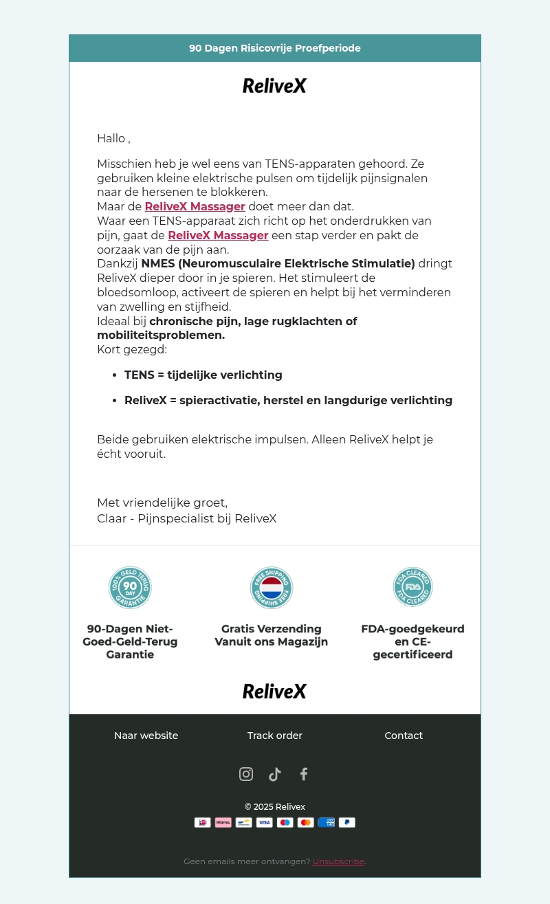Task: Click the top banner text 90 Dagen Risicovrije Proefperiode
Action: (274, 48)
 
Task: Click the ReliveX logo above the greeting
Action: (274, 86)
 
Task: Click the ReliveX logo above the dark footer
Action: (274, 692)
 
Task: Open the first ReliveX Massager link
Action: (195, 206)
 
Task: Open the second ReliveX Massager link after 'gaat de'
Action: (218, 235)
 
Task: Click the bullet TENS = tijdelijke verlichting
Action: (203, 375)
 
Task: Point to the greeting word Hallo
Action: (111, 138)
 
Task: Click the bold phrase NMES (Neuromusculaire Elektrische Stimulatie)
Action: (278, 263)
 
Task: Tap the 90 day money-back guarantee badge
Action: (130, 588)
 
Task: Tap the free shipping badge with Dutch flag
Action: (272, 588)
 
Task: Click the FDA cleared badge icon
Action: (412, 587)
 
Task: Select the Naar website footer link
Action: (146, 736)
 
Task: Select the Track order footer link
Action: (274, 736)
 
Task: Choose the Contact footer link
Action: (404, 736)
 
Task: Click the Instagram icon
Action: (246, 774)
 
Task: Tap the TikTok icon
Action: (275, 774)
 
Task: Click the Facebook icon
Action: (304, 774)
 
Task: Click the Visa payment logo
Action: (265, 822)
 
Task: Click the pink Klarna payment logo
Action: (223, 822)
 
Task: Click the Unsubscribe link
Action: (338, 861)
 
